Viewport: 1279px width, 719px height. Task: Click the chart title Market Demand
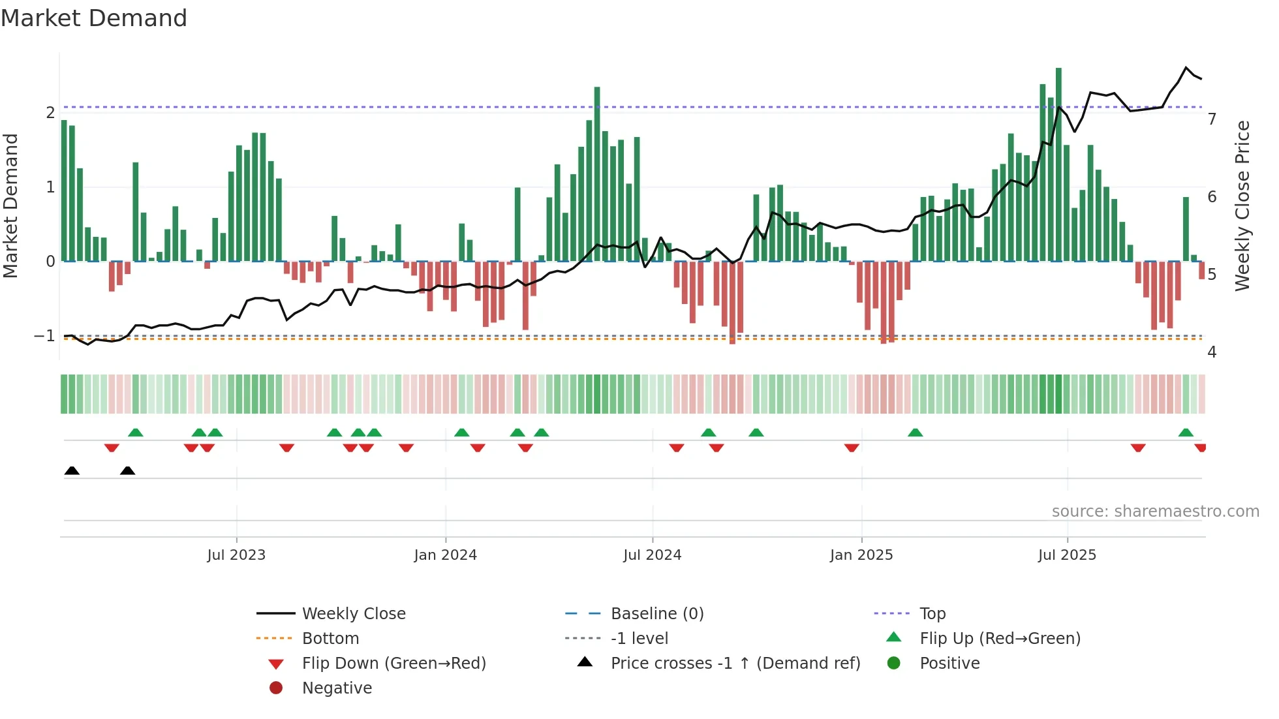coord(94,18)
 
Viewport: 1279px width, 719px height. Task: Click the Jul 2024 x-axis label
coord(652,555)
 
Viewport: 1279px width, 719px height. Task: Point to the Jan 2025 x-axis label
coord(861,555)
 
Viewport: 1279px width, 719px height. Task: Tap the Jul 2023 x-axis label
coord(236,555)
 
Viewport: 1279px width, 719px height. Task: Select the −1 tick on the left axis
coord(44,336)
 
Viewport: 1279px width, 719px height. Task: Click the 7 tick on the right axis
coord(1212,119)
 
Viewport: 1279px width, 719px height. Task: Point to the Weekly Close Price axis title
coord(1242,206)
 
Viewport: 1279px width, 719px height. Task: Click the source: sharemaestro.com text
coord(1155,512)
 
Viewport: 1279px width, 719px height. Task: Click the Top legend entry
coord(932,614)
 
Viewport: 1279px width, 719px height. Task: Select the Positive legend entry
coord(949,664)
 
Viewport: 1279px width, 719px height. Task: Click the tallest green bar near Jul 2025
coord(1058,163)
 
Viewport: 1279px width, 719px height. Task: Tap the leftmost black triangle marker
coord(72,471)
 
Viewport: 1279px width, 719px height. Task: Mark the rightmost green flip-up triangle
coord(1186,433)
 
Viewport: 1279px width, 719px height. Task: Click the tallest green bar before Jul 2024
coord(597,173)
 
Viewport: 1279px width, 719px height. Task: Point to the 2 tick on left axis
coord(50,113)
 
